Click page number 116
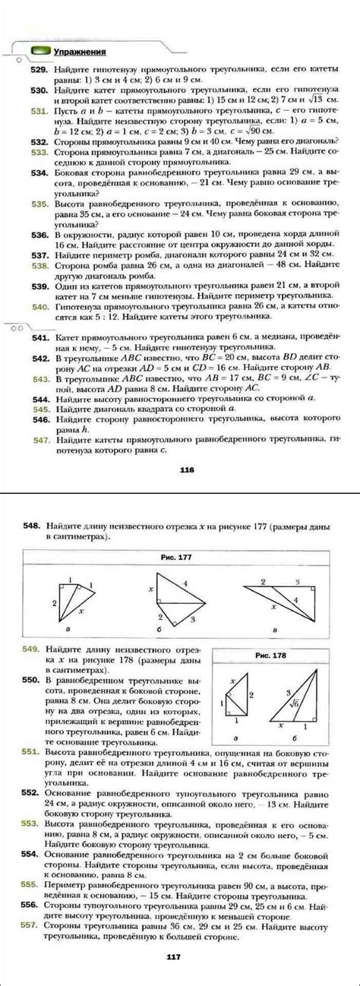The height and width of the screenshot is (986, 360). coord(188,469)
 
